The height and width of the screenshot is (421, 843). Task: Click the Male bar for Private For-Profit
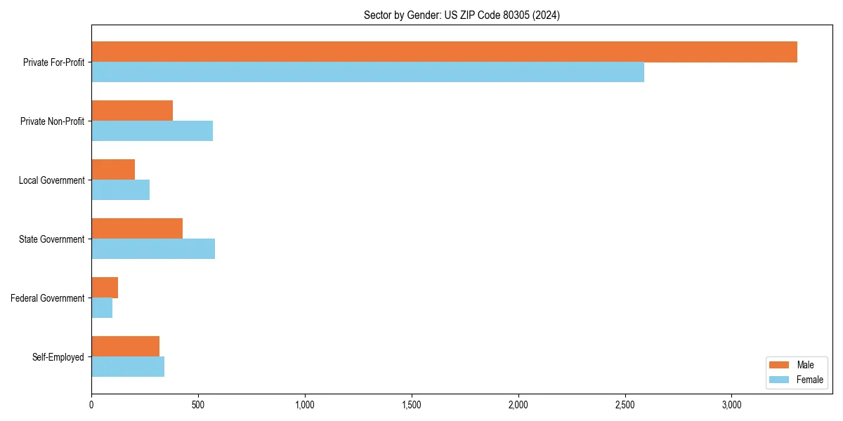[x=444, y=52]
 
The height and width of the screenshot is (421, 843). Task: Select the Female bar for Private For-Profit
[x=367, y=72]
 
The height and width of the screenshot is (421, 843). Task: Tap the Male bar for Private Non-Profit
[x=132, y=111]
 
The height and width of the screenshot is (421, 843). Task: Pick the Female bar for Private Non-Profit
[x=152, y=131]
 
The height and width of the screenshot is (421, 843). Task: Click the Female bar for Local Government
[x=120, y=190]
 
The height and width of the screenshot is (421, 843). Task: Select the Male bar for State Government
[x=137, y=229]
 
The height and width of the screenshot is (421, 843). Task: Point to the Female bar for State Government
[x=153, y=249]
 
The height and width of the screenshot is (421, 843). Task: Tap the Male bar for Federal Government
[x=105, y=288]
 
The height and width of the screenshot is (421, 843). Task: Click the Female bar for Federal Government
[x=102, y=308]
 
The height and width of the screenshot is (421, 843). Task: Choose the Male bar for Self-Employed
[x=125, y=347]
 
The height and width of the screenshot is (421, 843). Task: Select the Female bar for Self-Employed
[x=128, y=367]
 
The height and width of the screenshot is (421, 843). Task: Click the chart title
[x=462, y=15]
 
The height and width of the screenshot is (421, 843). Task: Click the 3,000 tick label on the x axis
[x=731, y=405]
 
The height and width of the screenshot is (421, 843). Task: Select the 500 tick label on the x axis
[x=198, y=405]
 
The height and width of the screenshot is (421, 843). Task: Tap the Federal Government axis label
[x=48, y=298]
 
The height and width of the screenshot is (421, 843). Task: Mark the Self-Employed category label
[x=58, y=357]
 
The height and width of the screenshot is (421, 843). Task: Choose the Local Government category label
[x=51, y=180]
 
